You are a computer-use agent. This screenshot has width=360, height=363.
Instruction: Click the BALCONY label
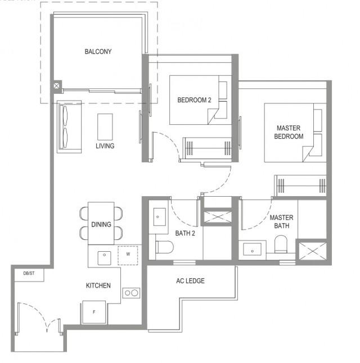pos(98,52)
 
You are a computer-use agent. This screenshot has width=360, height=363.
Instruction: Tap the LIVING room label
pos(105,146)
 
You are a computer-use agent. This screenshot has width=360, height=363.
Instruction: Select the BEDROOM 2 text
pos(194,100)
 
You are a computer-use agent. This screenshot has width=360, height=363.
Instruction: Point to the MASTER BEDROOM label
pos(289,132)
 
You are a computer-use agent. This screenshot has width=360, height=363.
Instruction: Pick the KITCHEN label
pos(98,285)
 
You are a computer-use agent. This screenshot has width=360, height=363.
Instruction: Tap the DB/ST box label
pos(29,274)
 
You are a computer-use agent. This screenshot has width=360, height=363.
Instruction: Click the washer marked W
pos(128,255)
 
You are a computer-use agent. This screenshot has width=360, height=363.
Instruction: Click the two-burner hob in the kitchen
pos(132,293)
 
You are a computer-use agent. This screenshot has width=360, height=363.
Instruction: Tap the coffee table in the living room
pos(105,126)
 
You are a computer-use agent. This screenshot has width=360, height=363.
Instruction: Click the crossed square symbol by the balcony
pos(57,86)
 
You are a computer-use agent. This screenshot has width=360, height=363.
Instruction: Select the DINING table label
pos(101,225)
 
